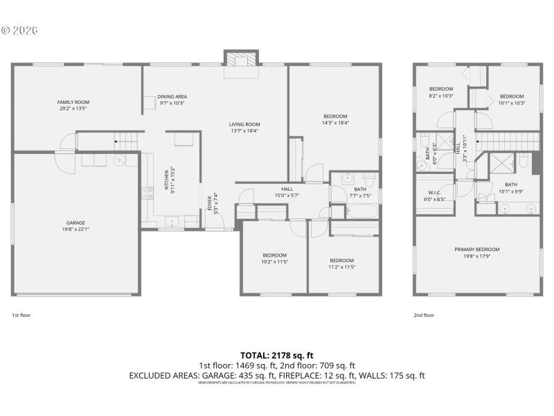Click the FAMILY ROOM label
coord(73,105)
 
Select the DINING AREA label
coord(172,100)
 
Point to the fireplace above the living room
coord(240,60)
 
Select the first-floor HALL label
coord(287,192)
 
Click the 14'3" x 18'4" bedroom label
coord(335,119)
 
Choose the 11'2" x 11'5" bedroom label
coord(341,263)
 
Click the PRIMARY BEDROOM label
coord(476,252)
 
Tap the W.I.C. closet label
coord(435,196)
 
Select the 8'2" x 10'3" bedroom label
coord(441,92)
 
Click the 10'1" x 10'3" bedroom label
coord(512,100)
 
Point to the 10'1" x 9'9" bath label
coord(511,188)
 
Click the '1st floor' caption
coord(21,315)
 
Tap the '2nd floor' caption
coord(424,315)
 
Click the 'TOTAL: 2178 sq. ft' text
coord(276,355)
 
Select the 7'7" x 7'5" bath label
coord(360,192)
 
